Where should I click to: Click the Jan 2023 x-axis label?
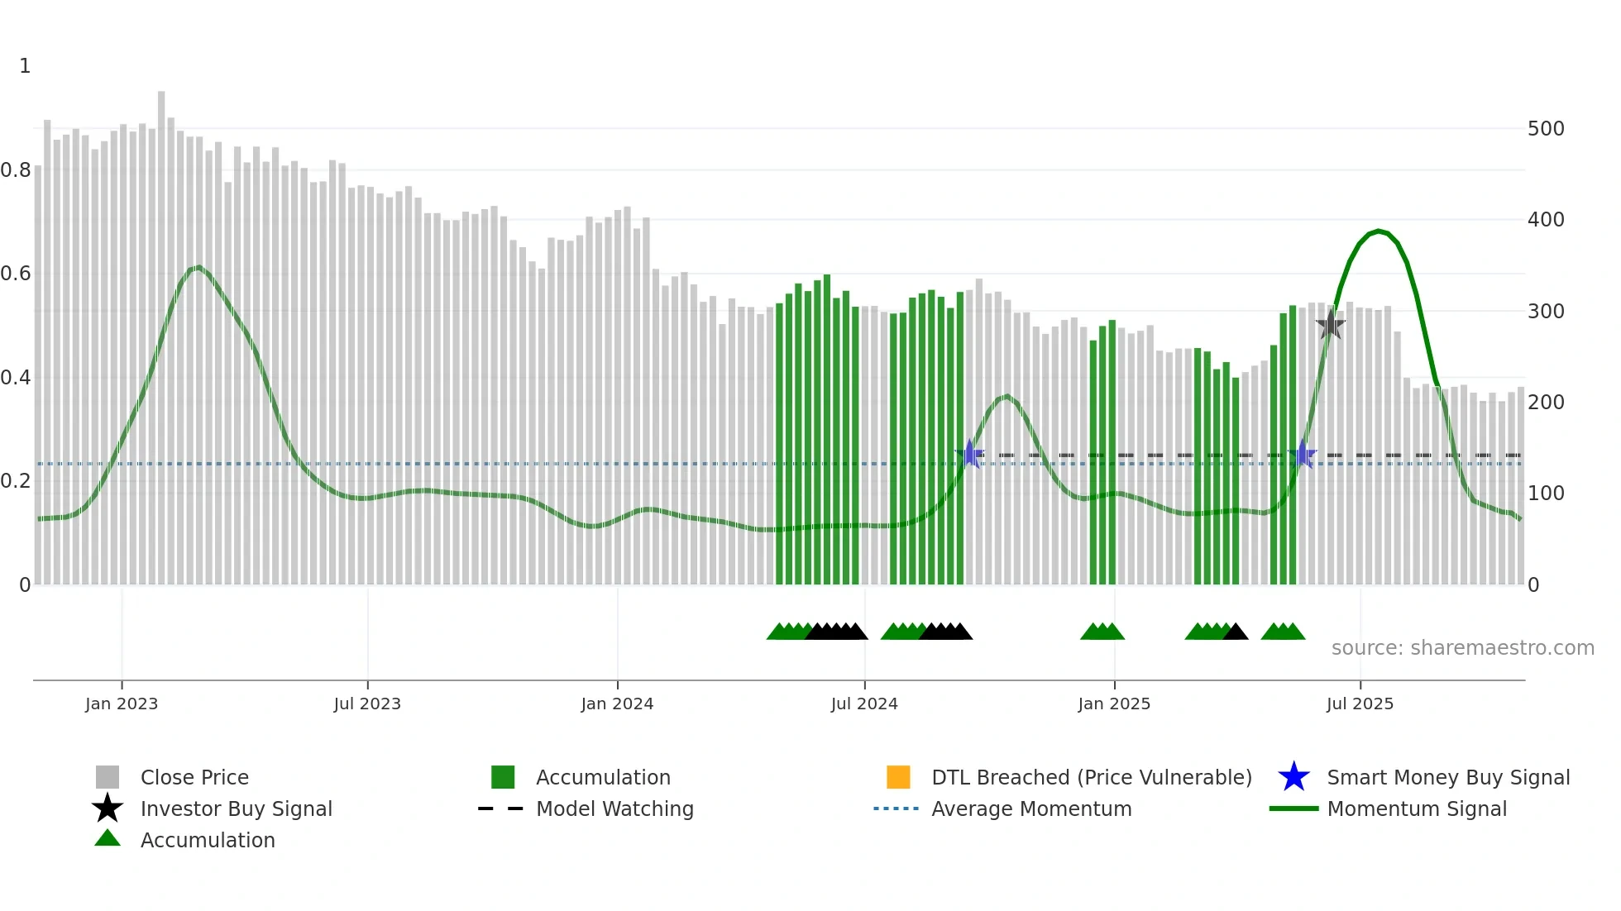tap(121, 704)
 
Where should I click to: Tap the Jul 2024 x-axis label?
tap(864, 704)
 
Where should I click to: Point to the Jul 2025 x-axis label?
tap(1360, 704)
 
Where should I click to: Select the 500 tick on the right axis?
tap(1546, 129)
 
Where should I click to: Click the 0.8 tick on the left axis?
tap(16, 170)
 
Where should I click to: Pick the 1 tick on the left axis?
tap(25, 66)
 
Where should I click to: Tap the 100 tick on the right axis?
tap(1546, 494)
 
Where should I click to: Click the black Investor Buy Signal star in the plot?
tap(1330, 325)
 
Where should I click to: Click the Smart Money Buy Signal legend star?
tap(1293, 777)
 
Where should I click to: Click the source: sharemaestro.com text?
tap(1462, 648)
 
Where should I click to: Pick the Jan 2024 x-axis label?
tap(617, 704)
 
